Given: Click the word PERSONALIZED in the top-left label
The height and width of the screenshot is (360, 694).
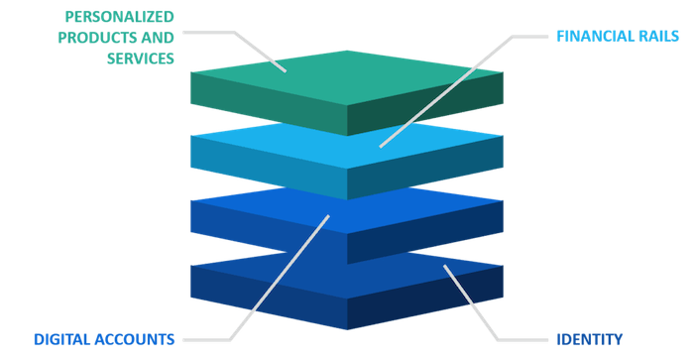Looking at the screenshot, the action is click(118, 15).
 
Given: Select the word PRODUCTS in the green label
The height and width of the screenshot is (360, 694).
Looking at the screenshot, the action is click(98, 36).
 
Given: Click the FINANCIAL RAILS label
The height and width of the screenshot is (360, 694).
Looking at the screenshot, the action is click(616, 35).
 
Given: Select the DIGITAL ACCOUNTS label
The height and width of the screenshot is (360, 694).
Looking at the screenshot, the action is click(103, 338).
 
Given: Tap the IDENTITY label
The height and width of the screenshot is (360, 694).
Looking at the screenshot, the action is click(589, 338).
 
